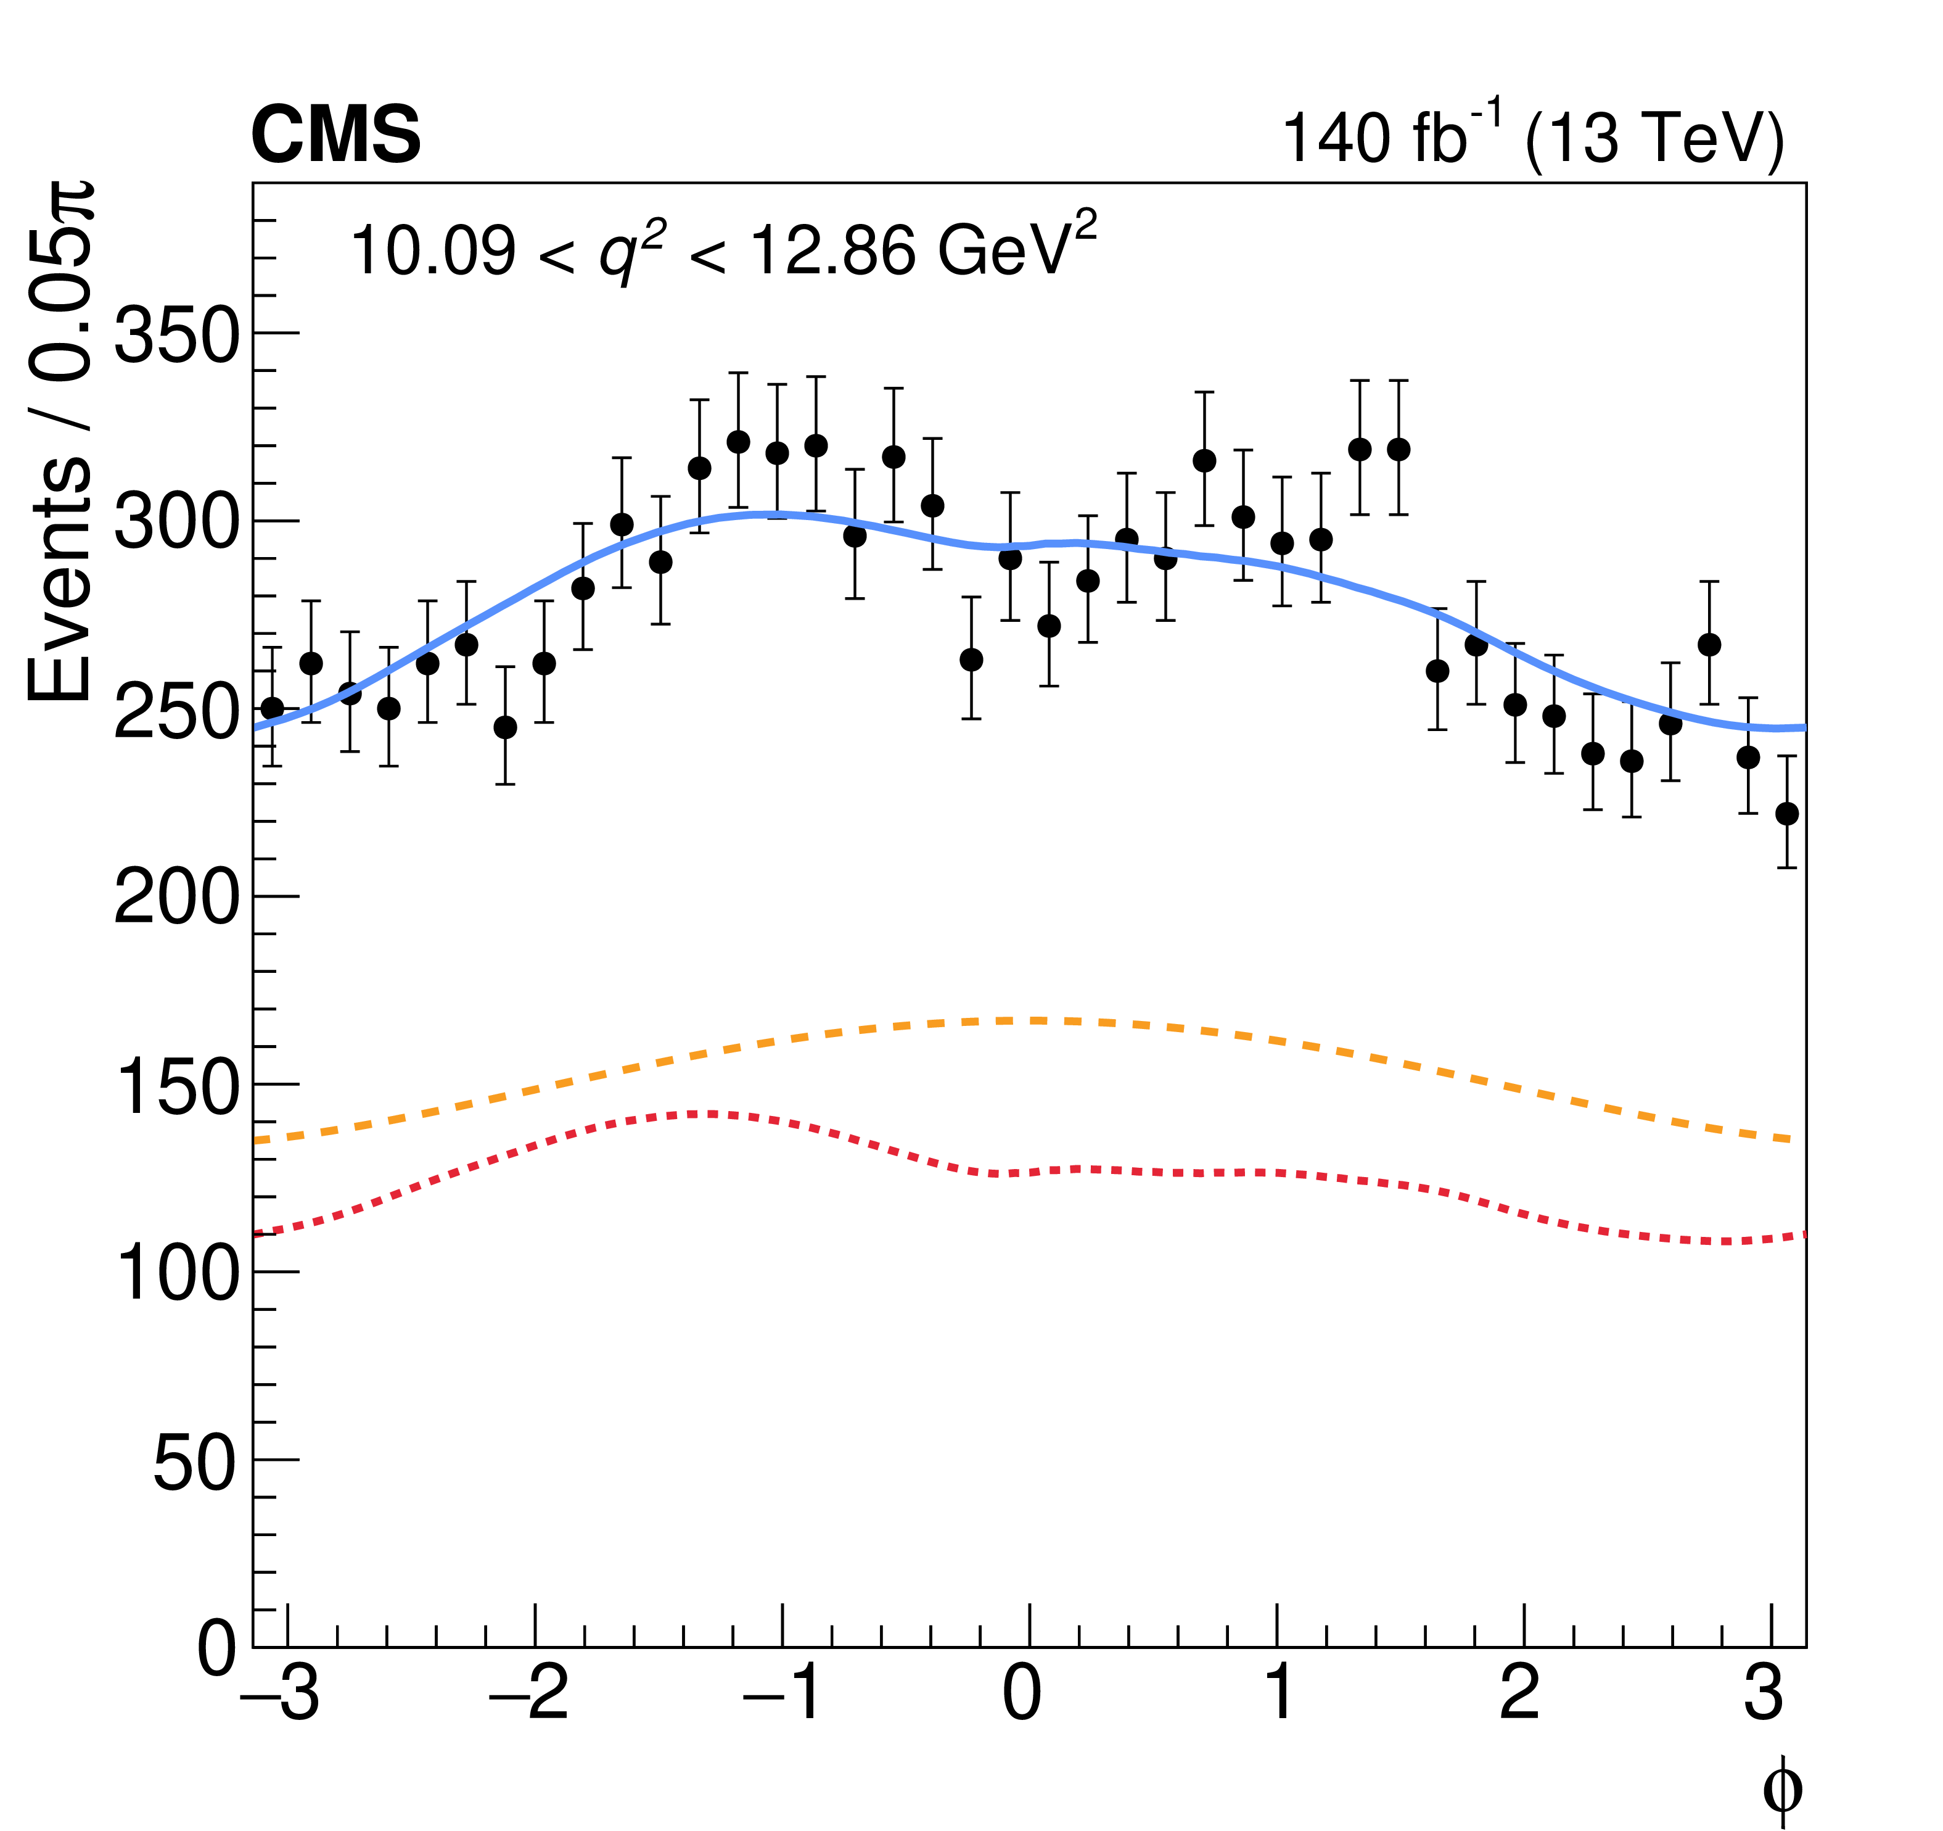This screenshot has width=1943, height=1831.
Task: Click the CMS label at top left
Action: tap(335, 135)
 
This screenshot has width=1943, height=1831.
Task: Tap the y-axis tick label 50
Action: tap(194, 1463)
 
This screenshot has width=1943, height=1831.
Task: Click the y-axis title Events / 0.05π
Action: tap(60, 440)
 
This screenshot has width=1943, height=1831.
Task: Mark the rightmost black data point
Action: tap(1786, 813)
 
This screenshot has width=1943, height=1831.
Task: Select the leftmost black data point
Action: tap(272, 708)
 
